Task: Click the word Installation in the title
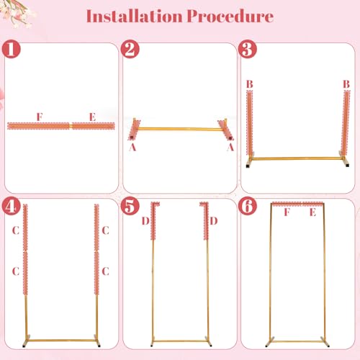(134, 17)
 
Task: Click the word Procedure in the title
(230, 17)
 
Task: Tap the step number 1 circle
(11, 49)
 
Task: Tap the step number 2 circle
(130, 49)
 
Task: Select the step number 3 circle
(248, 49)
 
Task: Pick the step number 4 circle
(11, 206)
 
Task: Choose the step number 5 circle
(130, 206)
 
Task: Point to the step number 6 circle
(248, 206)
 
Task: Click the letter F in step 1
(40, 117)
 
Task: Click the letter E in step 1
(92, 117)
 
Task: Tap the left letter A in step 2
(132, 147)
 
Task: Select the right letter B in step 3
(346, 84)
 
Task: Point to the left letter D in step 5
(145, 221)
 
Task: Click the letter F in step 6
(287, 212)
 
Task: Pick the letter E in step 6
(312, 212)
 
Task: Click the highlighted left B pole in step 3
(250, 123)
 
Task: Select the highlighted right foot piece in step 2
(226, 130)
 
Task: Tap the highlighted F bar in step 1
(38, 126)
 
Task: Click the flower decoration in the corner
(17, 12)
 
